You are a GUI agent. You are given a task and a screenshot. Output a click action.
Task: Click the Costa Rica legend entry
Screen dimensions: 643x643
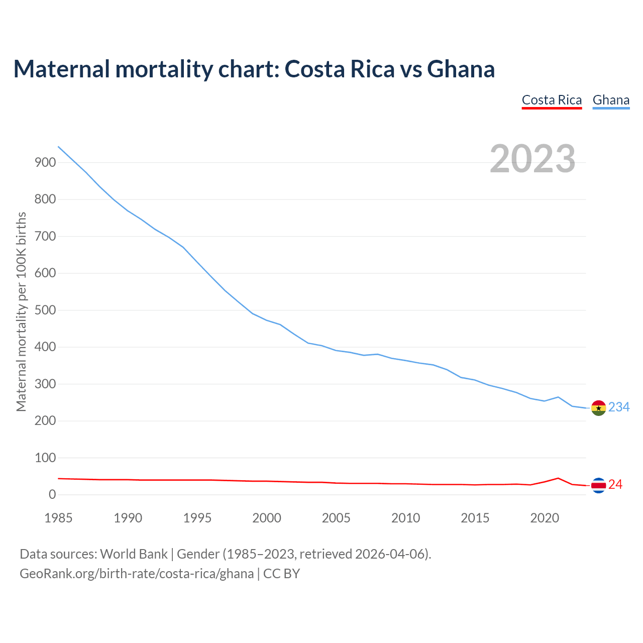pyautogui.click(x=552, y=100)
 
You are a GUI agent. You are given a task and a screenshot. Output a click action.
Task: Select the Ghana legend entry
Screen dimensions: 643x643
pyautogui.click(x=611, y=100)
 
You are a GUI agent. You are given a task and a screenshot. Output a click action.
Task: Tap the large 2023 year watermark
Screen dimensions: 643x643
pyautogui.click(x=532, y=159)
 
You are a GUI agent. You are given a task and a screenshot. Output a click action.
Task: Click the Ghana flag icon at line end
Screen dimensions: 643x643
pyautogui.click(x=598, y=408)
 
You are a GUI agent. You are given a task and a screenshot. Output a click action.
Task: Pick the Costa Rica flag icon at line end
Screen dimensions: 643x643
pyautogui.click(x=598, y=485)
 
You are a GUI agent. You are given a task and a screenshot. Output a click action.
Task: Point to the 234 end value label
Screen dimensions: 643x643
pyautogui.click(x=619, y=407)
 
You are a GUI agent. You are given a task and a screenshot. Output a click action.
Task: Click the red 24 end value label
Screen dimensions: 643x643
pyautogui.click(x=615, y=485)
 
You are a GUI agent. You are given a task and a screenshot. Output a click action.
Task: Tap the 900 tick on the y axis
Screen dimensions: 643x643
pyautogui.click(x=45, y=162)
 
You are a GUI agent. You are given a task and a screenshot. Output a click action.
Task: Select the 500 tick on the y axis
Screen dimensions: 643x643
pyautogui.click(x=45, y=310)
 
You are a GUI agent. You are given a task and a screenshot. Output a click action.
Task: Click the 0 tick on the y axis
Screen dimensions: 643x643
pyautogui.click(x=52, y=495)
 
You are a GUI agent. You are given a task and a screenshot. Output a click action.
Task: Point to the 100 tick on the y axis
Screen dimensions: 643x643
pyautogui.click(x=45, y=458)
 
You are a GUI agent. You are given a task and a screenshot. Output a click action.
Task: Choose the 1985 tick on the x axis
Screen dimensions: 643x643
pyautogui.click(x=59, y=518)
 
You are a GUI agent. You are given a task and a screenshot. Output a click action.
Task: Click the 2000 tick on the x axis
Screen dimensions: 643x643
pyautogui.click(x=267, y=518)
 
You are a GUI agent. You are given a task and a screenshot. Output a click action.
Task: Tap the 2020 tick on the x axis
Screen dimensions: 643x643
pyautogui.click(x=545, y=518)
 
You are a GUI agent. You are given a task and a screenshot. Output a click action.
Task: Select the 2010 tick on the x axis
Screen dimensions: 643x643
pyautogui.click(x=405, y=518)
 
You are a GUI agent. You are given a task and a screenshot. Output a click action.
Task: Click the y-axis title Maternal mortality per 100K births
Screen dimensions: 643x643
pyautogui.click(x=21, y=311)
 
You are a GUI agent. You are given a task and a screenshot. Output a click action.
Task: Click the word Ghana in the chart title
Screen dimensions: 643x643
pyautogui.click(x=461, y=69)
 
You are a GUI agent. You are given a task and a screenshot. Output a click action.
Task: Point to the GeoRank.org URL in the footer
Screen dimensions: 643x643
pyautogui.click(x=137, y=574)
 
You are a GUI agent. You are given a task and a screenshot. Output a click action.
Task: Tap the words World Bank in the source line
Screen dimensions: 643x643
pyautogui.click(x=134, y=554)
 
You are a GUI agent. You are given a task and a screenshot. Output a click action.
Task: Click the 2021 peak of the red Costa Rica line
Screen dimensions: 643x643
pyautogui.click(x=558, y=478)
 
